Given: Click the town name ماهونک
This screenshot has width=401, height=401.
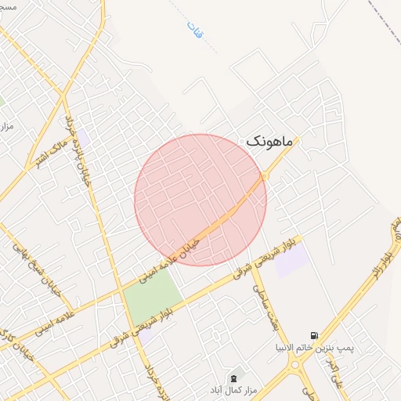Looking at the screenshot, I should tap(269, 142).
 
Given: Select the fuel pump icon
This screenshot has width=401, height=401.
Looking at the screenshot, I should tap(315, 334).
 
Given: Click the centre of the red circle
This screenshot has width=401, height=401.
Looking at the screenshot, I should tap(200, 200).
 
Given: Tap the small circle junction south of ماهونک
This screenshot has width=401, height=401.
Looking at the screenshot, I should tap(264, 177).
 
